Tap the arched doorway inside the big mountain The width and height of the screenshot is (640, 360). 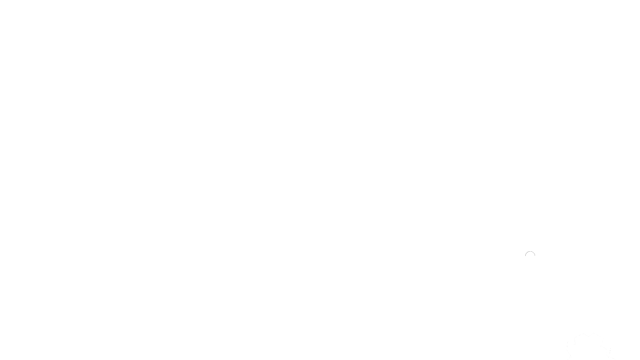530,257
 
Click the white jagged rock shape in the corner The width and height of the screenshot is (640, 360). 587,347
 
